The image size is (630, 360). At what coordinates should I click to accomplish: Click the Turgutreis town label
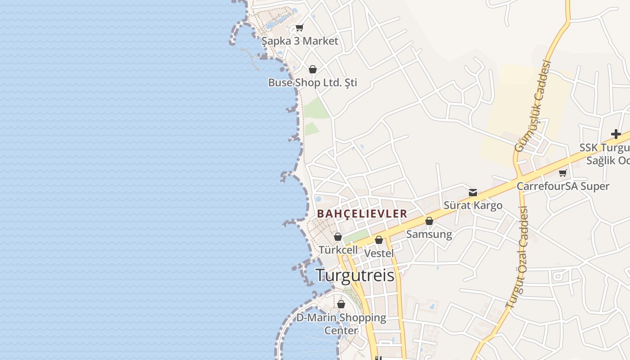click(355, 275)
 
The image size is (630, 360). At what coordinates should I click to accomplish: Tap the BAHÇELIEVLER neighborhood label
click(362, 214)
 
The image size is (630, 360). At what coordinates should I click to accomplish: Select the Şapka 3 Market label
click(300, 41)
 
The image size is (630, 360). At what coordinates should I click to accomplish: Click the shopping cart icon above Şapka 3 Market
click(299, 27)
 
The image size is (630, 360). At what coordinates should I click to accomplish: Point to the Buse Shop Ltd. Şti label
click(312, 83)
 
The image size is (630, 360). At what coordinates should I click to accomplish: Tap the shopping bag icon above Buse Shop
click(313, 69)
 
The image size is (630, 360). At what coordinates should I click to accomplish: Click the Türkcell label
click(338, 250)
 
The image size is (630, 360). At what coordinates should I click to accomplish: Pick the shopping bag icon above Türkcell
click(338, 237)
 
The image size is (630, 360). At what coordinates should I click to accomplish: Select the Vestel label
click(378, 253)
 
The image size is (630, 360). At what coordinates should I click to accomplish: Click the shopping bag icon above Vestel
click(379, 240)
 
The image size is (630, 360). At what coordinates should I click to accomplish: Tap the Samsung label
click(429, 234)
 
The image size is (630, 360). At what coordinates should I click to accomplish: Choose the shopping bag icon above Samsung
click(429, 221)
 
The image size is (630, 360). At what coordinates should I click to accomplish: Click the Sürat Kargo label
click(472, 206)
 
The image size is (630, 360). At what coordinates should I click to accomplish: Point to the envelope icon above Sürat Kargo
click(473, 193)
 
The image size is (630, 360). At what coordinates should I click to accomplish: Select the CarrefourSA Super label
click(562, 186)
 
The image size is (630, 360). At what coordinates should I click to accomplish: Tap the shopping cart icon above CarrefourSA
click(562, 173)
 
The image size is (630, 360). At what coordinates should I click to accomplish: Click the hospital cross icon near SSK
click(616, 134)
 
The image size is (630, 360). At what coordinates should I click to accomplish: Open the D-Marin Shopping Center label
click(341, 324)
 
